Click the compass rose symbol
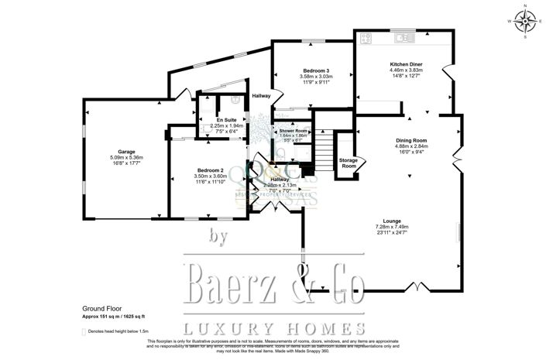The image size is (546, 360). pos(524,22)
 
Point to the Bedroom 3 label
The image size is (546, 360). pos(316,71)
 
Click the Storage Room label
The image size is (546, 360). pos(349,163)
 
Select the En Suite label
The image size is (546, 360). pos(225,120)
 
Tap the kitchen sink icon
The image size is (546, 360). pos(403,36)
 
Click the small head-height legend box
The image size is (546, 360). pos(84,331)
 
